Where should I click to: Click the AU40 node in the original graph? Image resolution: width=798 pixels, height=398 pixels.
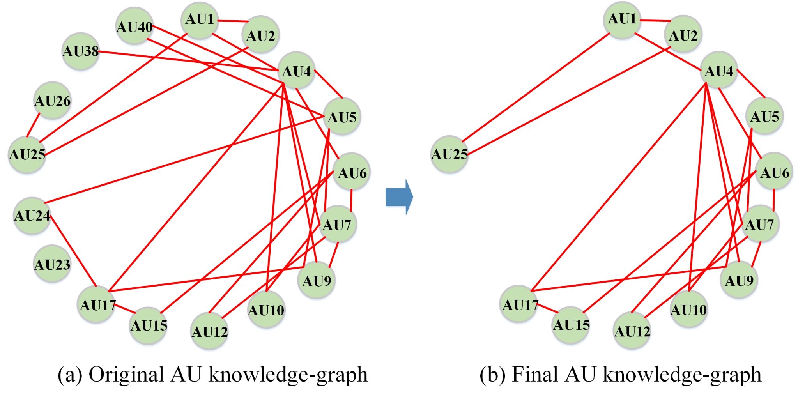pyautogui.click(x=134, y=26)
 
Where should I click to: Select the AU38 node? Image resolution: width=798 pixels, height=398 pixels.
pyautogui.click(x=81, y=51)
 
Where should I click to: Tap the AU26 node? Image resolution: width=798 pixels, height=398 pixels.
pyautogui.click(x=53, y=101)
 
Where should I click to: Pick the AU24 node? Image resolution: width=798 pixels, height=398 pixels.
pyautogui.click(x=32, y=216)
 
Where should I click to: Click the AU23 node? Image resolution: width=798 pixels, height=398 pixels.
pyautogui.click(x=52, y=264)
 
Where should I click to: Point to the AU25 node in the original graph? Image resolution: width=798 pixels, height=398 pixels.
pyautogui.click(x=27, y=155)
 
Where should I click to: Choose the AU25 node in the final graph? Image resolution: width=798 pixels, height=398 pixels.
pyautogui.click(x=449, y=154)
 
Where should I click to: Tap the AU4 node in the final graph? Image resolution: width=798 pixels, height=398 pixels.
pyautogui.click(x=719, y=71)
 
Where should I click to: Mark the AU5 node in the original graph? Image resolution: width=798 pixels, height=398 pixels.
pyautogui.click(x=342, y=116)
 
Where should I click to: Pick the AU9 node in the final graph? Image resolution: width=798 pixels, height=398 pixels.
pyautogui.click(x=740, y=280)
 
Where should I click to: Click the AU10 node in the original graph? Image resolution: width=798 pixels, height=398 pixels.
pyautogui.click(x=266, y=310)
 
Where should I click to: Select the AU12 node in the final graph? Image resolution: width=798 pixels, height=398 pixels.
pyautogui.click(x=632, y=331)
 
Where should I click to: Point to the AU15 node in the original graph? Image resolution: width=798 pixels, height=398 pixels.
pyautogui.click(x=149, y=325)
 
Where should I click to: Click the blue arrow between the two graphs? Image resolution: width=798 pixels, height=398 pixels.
pyautogui.click(x=399, y=197)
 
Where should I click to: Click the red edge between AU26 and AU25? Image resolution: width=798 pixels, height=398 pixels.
pyautogui.click(x=33, y=125)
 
